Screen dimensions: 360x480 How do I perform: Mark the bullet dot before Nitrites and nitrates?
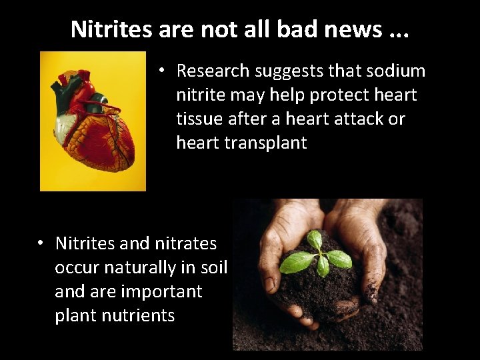tap(41, 243)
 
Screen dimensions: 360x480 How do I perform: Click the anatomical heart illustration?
tap(93, 121)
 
